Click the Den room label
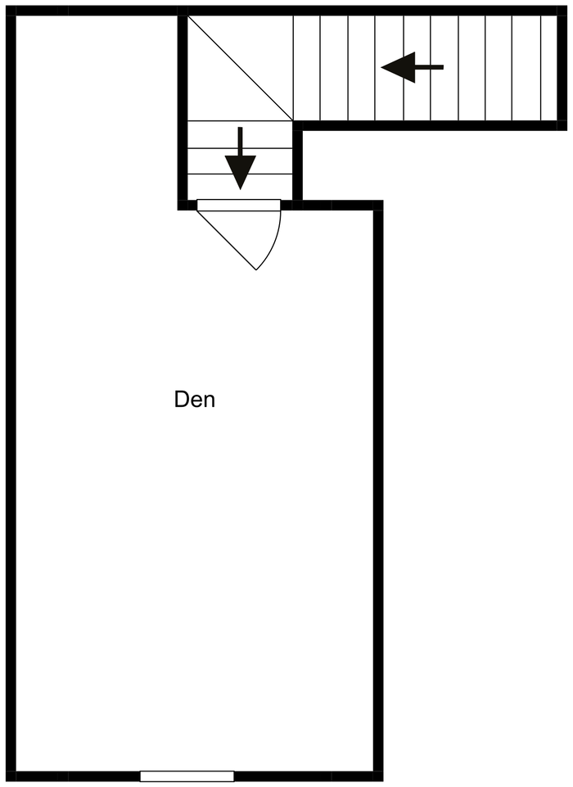click(195, 400)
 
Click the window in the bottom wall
click(187, 776)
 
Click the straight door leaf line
click(227, 240)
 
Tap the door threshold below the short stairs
click(238, 205)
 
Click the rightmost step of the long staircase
click(549, 67)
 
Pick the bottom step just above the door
click(240, 186)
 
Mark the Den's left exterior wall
click(11, 393)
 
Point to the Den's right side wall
click(378, 491)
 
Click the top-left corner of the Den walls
click(11, 11)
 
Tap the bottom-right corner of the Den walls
click(378, 776)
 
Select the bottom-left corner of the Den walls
click(11, 776)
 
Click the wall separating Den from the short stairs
click(183, 106)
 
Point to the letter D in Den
click(182, 400)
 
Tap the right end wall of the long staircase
click(562, 67)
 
